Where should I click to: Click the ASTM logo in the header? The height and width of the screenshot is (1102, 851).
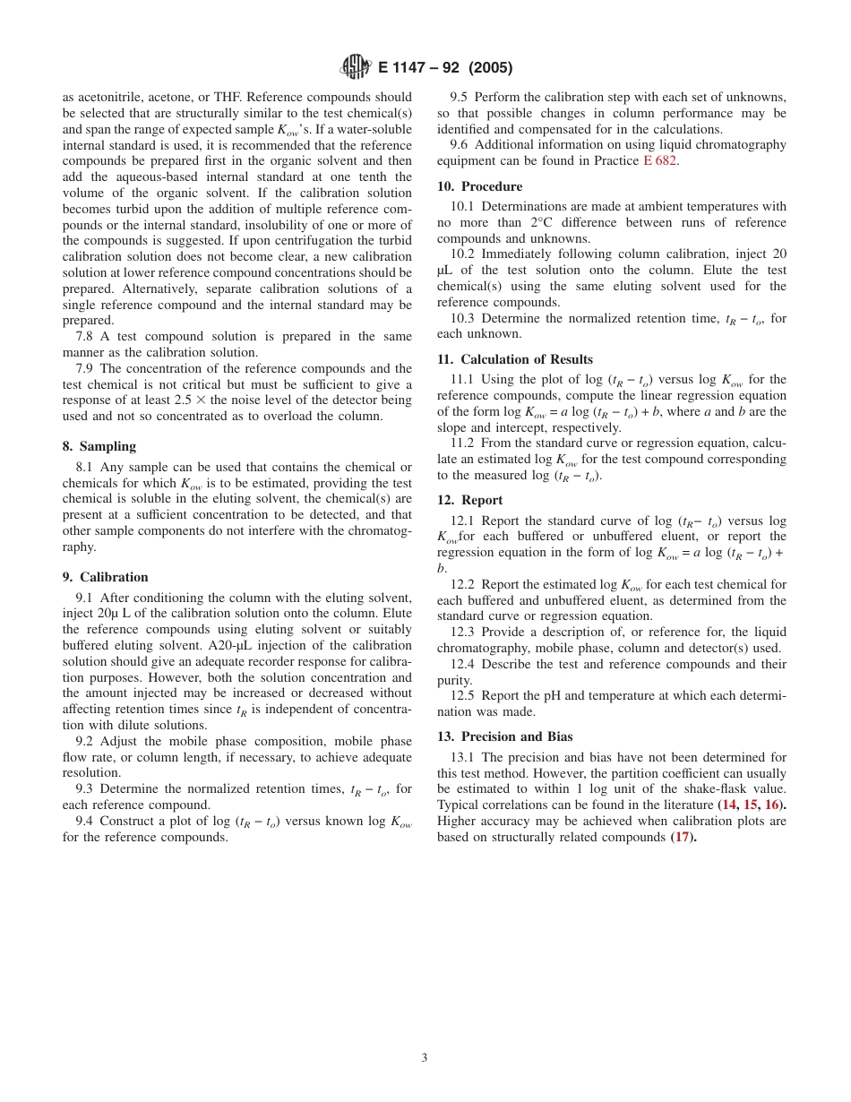[357, 67]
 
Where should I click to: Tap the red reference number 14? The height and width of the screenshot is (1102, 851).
[729, 805]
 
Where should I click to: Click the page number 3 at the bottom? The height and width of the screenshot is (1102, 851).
[425, 1057]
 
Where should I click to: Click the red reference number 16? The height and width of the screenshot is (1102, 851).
[771, 805]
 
